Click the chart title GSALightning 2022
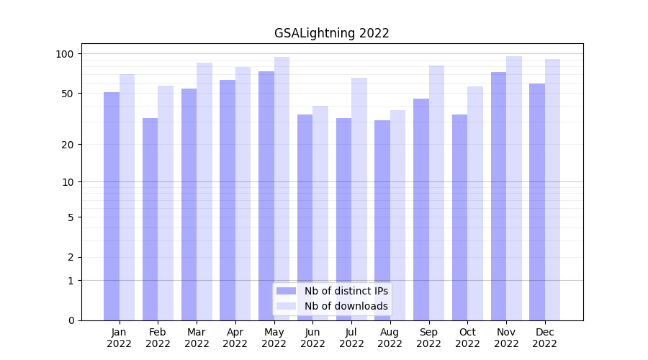[x=331, y=33]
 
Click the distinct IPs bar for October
[x=459, y=216]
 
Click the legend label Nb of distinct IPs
[x=346, y=291]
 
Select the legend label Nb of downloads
[x=346, y=306]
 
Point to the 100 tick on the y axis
[x=65, y=54]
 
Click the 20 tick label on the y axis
[x=68, y=145]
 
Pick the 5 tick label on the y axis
[x=71, y=217]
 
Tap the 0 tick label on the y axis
[x=71, y=320]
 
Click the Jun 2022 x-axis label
[x=312, y=338]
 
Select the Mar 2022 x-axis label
[x=197, y=338]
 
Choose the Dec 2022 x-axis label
[x=544, y=338]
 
